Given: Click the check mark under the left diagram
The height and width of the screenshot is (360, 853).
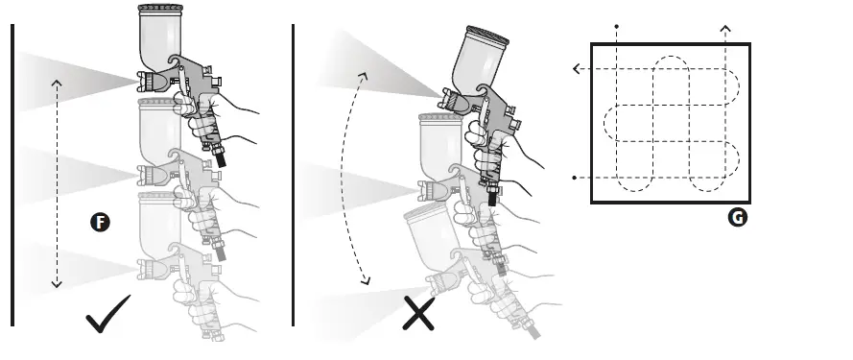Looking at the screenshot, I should pos(107,316).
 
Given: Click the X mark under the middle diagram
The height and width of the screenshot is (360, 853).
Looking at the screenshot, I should pos(418,315).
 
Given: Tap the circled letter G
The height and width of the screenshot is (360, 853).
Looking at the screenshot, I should pos(737,218).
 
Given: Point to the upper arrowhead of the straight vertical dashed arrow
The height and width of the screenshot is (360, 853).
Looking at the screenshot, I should pos(57,83).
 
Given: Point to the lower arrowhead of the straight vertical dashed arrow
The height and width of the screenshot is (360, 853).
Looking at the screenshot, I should pos(57,284).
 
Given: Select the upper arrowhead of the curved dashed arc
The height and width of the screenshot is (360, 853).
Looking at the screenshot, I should pos(364,73).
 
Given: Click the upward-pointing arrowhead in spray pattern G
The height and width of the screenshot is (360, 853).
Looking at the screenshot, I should pos(724,31).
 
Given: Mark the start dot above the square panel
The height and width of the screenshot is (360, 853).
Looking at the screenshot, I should pos(617,27).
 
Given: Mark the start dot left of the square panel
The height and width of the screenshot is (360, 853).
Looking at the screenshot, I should pos(574,179).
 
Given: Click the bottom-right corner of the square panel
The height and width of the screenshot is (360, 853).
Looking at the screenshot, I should pos(748,202).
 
